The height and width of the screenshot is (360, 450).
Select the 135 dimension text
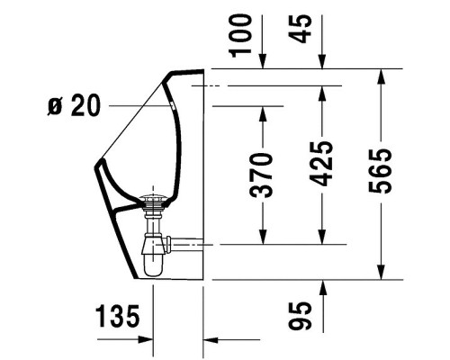pyautogui.click(x=119, y=316)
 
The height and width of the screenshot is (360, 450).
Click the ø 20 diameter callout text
pyautogui.click(x=72, y=106)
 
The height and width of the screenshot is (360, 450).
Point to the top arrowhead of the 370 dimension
pyautogui.click(x=263, y=111)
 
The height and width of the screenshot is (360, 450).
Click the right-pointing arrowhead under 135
pyautogui.click(x=148, y=340)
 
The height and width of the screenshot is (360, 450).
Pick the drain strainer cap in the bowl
pyautogui.click(x=155, y=199)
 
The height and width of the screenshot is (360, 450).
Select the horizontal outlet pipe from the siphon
pyautogui.click(x=184, y=243)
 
